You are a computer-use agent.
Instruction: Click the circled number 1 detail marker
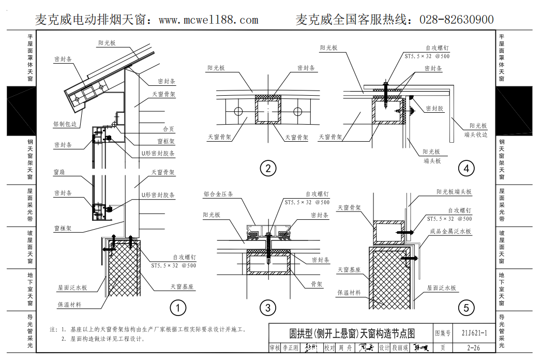[177, 309]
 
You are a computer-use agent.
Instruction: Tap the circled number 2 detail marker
[268, 168]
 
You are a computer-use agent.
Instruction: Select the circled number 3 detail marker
[267, 309]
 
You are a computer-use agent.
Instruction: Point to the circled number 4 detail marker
[466, 168]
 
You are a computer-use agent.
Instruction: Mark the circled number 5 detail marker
[466, 309]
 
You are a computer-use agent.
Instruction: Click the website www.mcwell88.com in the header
[208, 20]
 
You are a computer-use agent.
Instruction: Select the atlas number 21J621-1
[474, 334]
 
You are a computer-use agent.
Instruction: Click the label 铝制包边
[65, 125]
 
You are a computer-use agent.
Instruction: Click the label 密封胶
[434, 109]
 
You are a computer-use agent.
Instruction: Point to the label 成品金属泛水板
[450, 232]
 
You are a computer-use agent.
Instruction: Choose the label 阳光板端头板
[453, 192]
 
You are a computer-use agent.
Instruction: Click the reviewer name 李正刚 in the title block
[290, 349]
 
